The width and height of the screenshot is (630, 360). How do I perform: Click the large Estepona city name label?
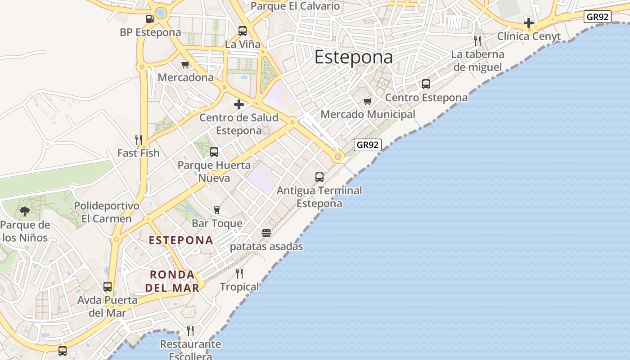353,57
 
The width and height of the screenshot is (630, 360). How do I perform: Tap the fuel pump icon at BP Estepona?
150,19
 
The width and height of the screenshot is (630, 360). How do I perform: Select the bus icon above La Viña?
243,31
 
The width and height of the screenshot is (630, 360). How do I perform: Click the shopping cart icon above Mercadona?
185,64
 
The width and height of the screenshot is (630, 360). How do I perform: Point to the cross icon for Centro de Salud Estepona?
239,105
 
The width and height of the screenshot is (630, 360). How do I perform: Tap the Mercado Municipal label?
368,114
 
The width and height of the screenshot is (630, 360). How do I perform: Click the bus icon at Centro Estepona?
426,84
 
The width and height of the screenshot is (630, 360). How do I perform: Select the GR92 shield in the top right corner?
598,17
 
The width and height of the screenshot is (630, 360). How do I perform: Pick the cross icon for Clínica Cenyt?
529,22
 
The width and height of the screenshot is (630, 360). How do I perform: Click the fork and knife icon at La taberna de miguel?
477,40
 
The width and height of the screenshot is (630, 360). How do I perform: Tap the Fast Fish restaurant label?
139,153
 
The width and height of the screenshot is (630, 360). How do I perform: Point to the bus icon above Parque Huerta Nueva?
214,152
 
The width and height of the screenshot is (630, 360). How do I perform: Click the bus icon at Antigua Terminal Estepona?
319,177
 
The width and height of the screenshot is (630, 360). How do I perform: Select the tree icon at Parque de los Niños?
25,211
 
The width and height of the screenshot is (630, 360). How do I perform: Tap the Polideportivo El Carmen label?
107,212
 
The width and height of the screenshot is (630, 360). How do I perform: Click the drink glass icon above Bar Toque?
217,210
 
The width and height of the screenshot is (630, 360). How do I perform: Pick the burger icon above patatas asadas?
266,233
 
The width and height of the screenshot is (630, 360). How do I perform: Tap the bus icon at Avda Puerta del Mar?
108,286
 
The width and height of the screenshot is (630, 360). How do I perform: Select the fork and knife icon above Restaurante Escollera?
190,331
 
